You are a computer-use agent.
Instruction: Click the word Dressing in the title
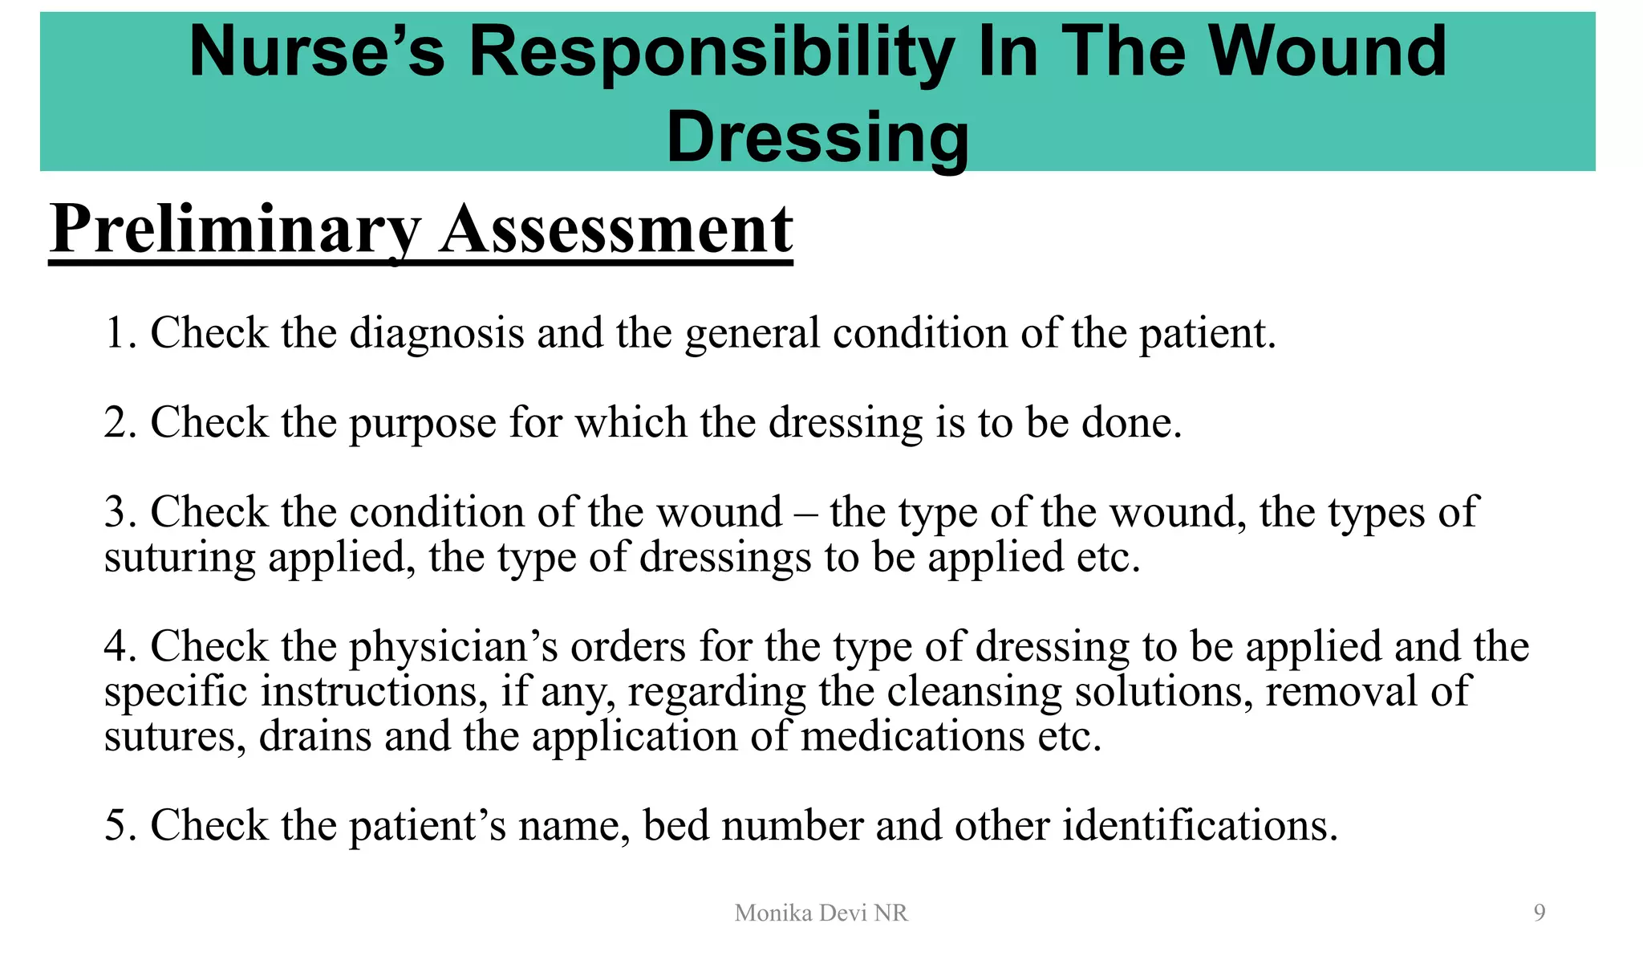click(x=817, y=137)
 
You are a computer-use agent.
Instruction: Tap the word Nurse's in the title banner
click(x=316, y=51)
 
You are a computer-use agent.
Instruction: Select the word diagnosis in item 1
click(x=436, y=333)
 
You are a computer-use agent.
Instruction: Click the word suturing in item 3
click(x=180, y=558)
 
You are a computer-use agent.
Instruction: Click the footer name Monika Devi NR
click(x=821, y=913)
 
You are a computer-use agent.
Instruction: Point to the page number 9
click(x=1539, y=913)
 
